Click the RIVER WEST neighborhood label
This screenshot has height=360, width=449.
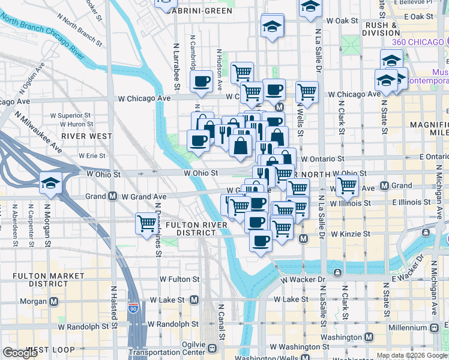[x=87, y=136]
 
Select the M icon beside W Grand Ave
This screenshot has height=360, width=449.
[x=112, y=196]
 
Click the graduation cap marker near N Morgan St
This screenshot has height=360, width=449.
[x=50, y=182]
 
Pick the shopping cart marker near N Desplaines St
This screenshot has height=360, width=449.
[x=146, y=223]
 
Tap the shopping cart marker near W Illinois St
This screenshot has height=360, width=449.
[x=347, y=187]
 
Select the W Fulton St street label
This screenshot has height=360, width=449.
[x=179, y=279]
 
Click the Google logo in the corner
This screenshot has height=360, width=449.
[x=20, y=352]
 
